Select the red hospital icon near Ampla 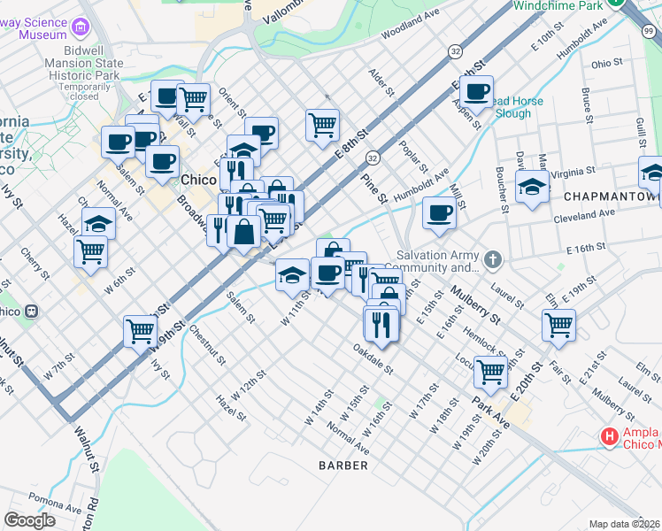point(609,435)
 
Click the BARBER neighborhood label point(344,465)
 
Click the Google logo point(30,520)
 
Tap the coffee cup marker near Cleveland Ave point(439,212)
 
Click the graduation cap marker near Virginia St point(531,187)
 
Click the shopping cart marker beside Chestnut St point(141,331)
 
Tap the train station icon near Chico point(33,312)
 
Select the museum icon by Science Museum point(82,28)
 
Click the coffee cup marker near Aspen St point(476,91)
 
